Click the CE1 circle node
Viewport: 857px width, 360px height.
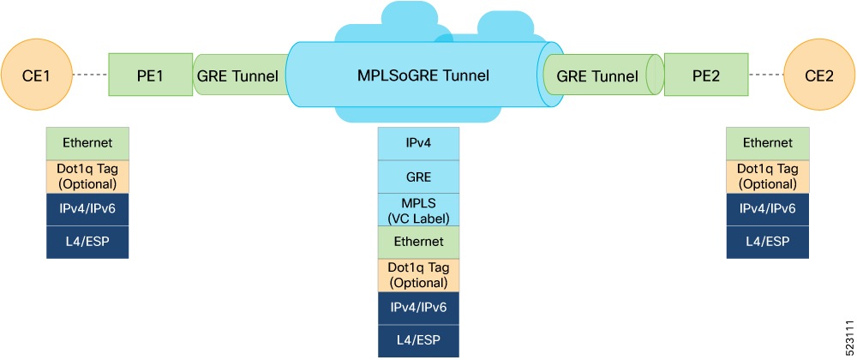point(35,75)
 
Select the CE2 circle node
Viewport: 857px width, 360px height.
point(820,75)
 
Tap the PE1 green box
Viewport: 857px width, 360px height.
point(150,75)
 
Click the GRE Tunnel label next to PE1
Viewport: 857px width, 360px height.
point(237,76)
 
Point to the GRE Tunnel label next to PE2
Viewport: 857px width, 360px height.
point(597,76)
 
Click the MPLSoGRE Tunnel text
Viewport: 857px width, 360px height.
point(423,75)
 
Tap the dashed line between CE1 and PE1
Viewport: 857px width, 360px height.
point(88,75)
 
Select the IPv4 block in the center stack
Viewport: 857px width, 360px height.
point(419,143)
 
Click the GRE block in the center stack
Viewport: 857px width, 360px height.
point(419,177)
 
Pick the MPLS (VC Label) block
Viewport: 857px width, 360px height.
point(419,209)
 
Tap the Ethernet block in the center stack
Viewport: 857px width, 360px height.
point(419,242)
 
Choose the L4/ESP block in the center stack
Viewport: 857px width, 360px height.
point(419,340)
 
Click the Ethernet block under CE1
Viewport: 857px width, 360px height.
point(87,143)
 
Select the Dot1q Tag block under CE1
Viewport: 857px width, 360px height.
point(87,176)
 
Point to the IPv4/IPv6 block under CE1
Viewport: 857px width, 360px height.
point(87,208)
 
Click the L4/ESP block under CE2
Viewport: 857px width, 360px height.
point(767,242)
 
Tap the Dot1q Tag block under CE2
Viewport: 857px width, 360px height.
point(767,176)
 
